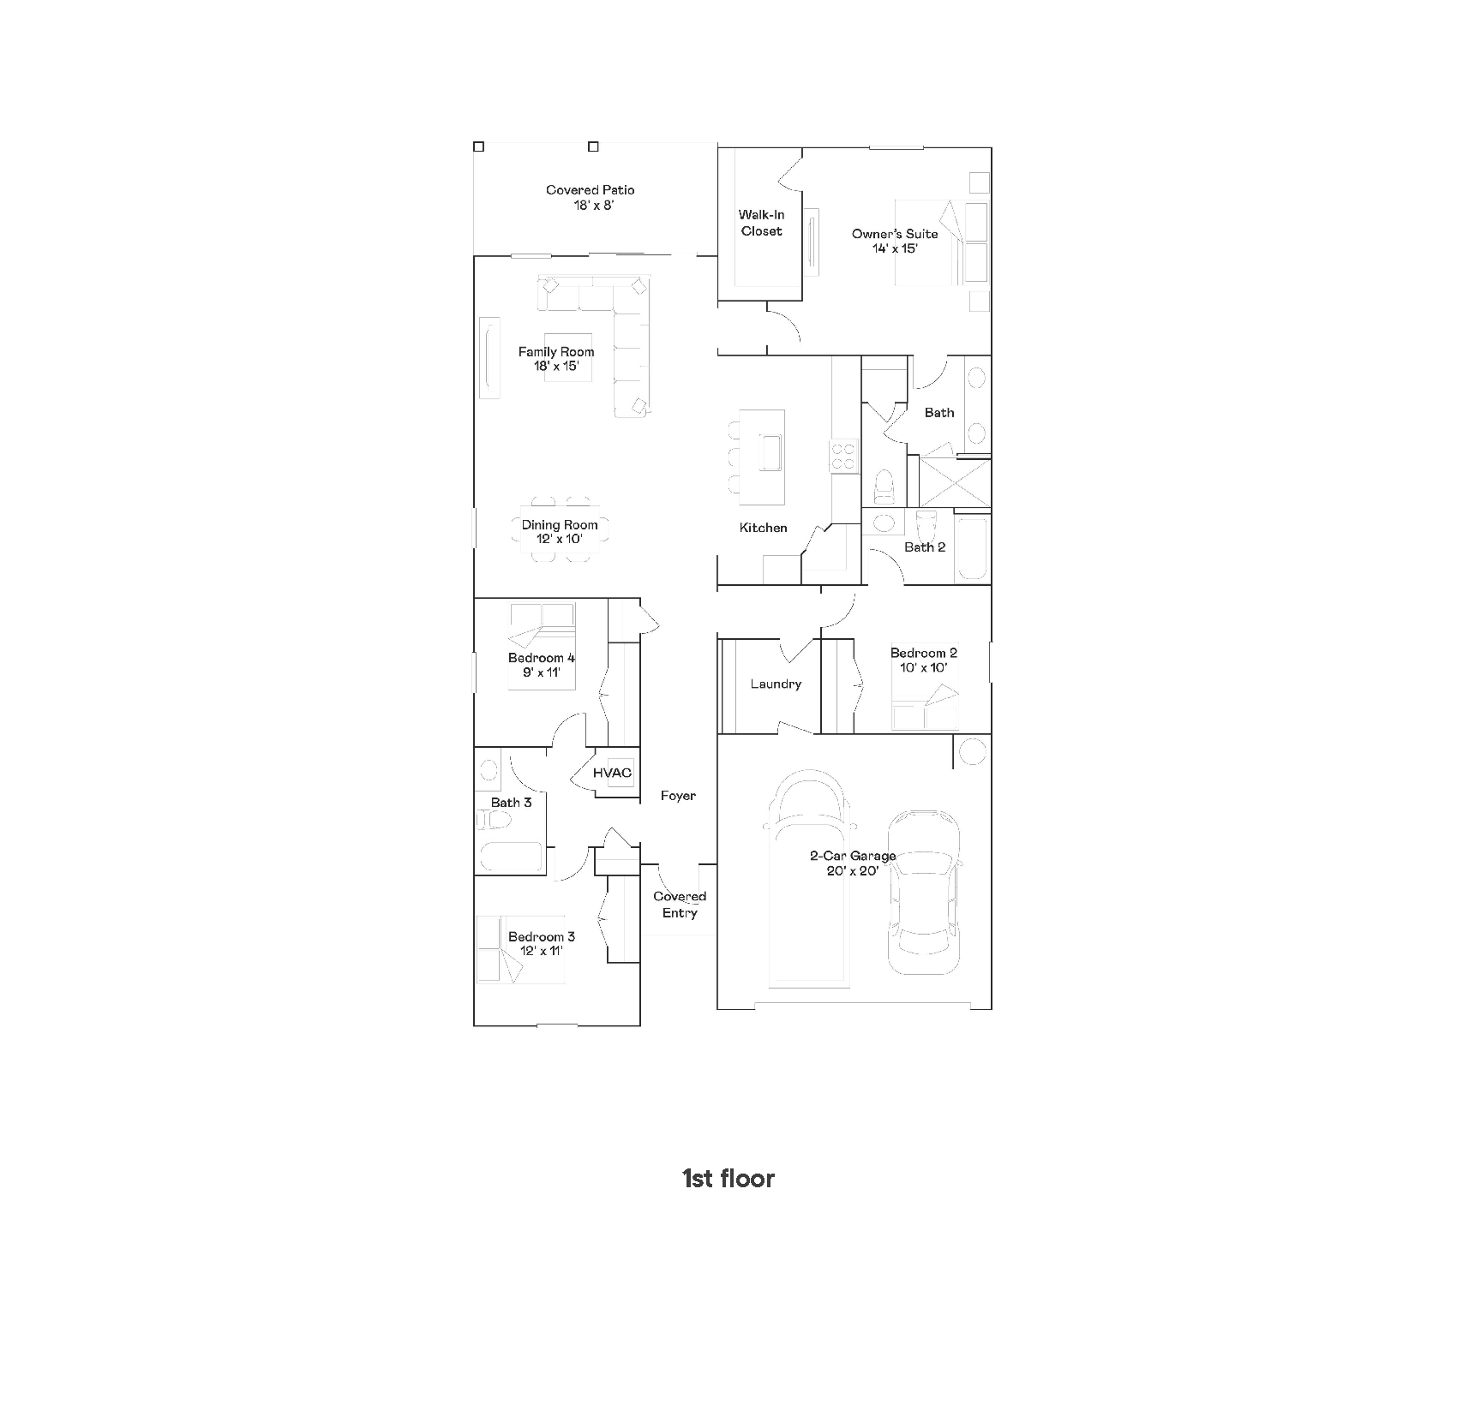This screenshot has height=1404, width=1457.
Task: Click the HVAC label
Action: tap(612, 773)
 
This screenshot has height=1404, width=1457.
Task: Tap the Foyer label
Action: tap(678, 796)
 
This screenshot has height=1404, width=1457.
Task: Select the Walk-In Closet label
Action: tap(762, 223)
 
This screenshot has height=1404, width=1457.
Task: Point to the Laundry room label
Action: tap(776, 684)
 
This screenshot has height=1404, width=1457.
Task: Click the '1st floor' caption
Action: tap(728, 1179)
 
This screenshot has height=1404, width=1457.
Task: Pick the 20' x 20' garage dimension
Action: tap(853, 870)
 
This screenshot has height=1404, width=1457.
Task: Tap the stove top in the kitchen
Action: tap(842, 456)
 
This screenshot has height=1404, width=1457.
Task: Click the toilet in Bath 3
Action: tap(494, 820)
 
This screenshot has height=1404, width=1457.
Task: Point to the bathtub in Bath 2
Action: tap(972, 548)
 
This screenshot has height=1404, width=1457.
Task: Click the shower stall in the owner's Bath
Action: tap(955, 482)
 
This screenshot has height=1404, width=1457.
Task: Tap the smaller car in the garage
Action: tap(923, 893)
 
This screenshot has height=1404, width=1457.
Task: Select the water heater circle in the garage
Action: tap(973, 751)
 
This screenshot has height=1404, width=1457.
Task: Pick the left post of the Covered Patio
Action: tap(479, 146)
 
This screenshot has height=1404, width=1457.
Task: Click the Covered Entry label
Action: tap(680, 905)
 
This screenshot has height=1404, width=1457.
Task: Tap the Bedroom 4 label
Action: tap(542, 658)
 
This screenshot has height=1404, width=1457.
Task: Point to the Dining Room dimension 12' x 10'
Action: tap(560, 540)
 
